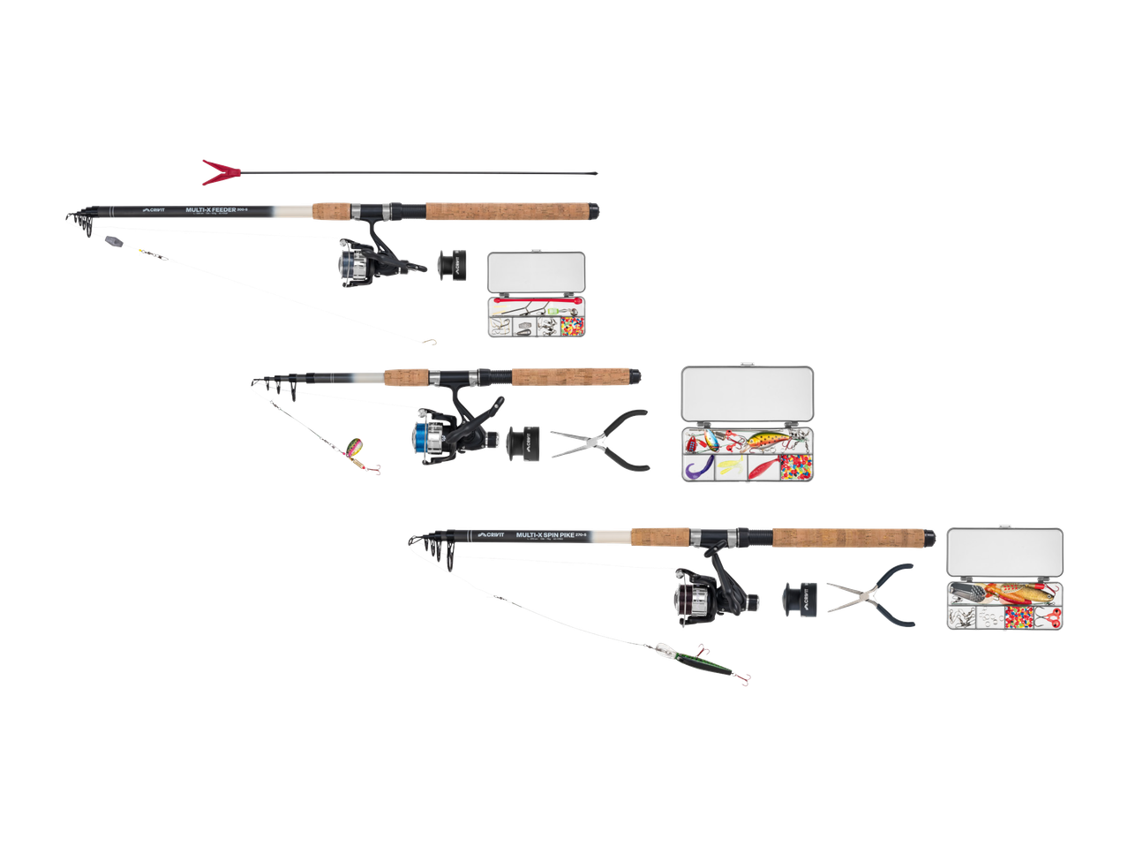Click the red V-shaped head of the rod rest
pos(215,171)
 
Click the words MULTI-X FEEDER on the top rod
pos(212,210)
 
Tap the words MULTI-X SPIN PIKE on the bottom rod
pos(544,535)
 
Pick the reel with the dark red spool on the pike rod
pos(698,598)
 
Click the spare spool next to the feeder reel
pos(451,264)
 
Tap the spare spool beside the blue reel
pos(523,442)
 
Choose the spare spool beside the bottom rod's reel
pos(800,598)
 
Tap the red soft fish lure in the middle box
pos(762,466)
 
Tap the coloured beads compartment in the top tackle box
pos(574,327)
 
